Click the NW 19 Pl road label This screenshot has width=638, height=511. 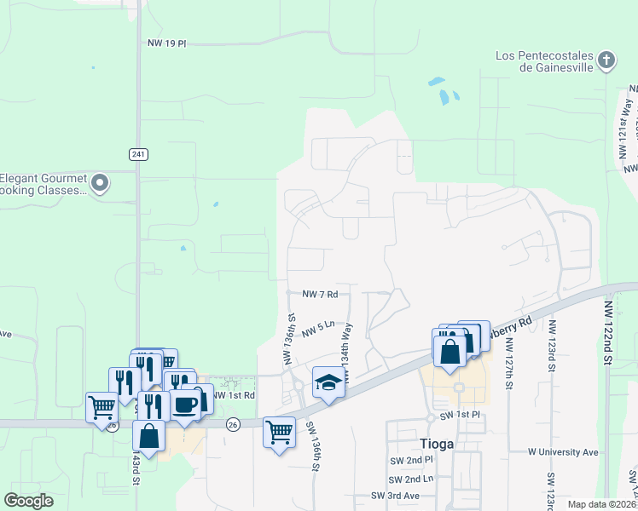165,43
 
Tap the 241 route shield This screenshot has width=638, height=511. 139,154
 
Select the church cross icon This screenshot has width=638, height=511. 606,60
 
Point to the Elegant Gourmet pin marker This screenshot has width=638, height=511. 100,182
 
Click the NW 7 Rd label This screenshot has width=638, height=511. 321,294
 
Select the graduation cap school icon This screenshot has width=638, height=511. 327,382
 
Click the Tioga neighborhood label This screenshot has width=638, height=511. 437,444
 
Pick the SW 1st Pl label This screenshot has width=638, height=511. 461,415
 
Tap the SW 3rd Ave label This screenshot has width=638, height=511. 395,496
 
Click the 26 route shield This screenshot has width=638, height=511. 232,423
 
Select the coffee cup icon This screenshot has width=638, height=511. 185,404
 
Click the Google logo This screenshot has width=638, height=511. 29,501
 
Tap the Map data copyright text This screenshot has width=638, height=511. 602,504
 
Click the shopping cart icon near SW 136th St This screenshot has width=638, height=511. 278,433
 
